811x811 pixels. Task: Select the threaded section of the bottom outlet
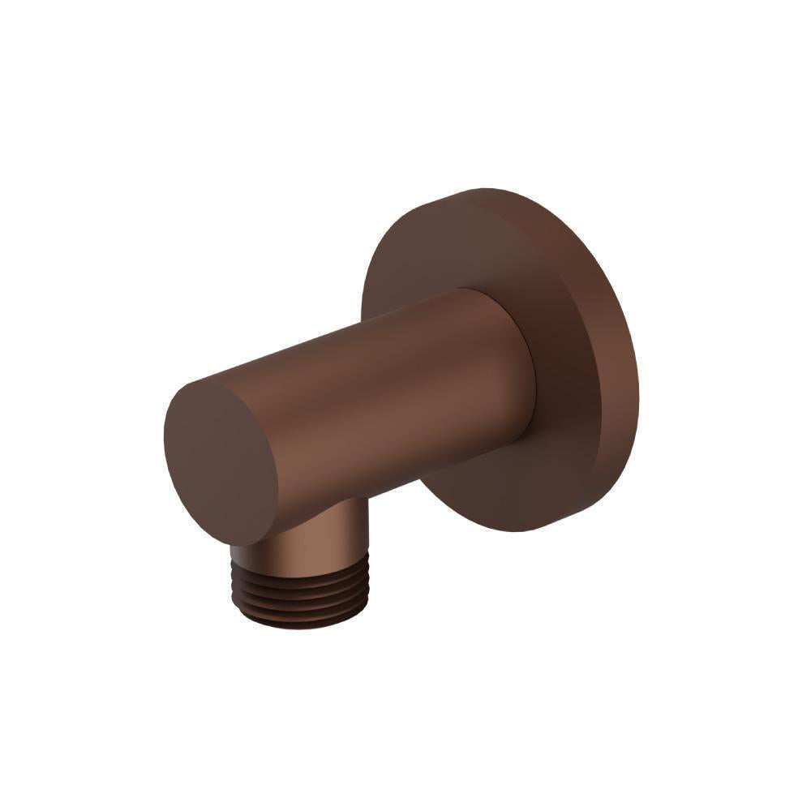pos(300,588)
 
